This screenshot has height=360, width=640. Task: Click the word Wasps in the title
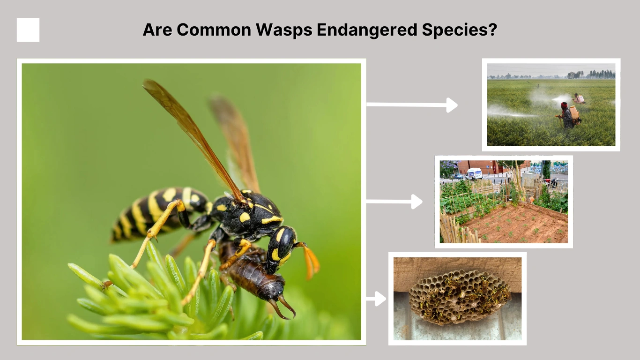284,30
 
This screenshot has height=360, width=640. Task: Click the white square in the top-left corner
28,30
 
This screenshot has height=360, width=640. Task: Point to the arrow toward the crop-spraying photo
412,105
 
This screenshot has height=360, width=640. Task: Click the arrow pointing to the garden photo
394,202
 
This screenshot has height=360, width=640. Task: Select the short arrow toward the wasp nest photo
376,299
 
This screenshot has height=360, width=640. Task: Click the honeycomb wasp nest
459,296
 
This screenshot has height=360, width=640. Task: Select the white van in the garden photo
475,173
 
